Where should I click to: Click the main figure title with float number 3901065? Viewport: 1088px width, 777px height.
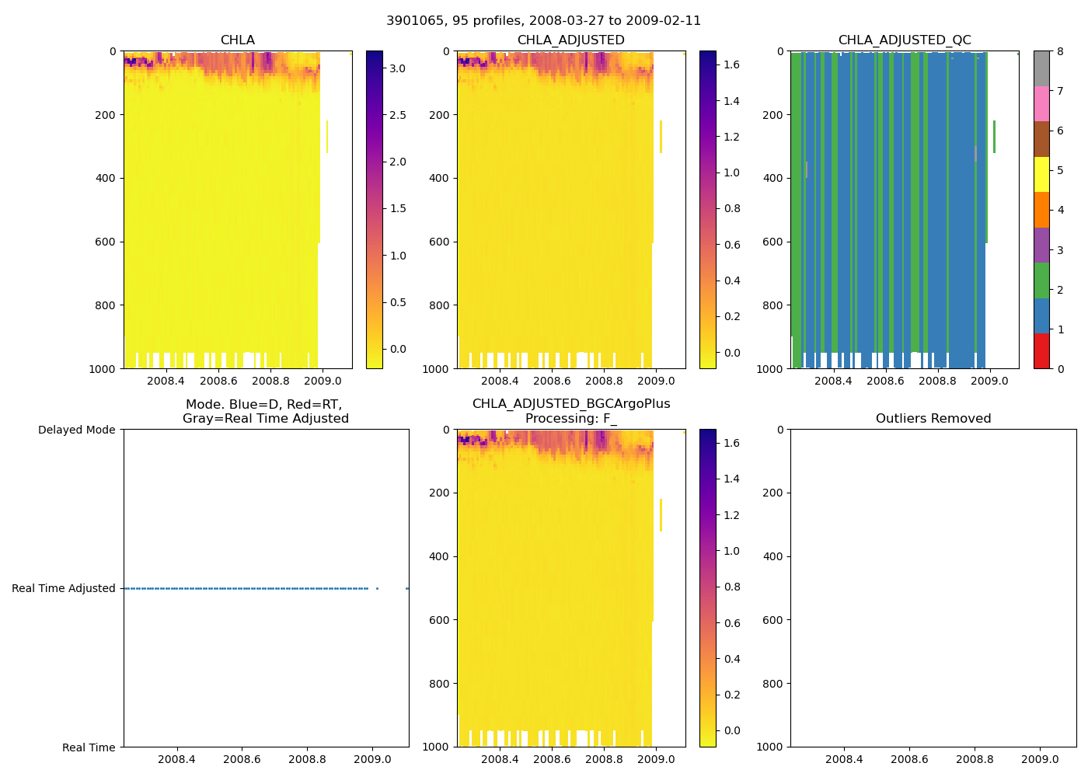pos(543,20)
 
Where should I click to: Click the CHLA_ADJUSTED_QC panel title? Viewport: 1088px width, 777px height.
pos(904,40)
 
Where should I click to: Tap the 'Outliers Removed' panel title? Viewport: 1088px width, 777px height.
pos(933,418)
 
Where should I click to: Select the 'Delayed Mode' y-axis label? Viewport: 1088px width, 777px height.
pos(76,430)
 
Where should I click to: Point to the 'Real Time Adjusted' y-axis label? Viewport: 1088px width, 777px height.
pos(63,588)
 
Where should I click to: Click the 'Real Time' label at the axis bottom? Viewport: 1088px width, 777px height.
pos(89,747)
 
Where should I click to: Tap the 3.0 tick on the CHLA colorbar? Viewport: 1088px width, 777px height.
pos(397,68)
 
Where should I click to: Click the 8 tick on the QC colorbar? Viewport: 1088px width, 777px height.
pos(1060,51)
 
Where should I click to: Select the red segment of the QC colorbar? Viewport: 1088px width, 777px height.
pos(1041,350)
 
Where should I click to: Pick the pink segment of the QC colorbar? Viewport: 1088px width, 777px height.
pos(1041,103)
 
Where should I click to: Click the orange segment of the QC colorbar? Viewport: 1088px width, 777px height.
pos(1041,210)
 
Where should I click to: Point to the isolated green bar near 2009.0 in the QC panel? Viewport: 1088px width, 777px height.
pos(994,137)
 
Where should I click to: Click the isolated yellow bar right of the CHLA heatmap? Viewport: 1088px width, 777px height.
pos(327,137)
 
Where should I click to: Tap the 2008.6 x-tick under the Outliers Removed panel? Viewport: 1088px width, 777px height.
pos(908,759)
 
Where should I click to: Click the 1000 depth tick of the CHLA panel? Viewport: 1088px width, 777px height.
pos(103,368)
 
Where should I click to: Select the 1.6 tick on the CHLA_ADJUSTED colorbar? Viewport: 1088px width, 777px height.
pos(731,64)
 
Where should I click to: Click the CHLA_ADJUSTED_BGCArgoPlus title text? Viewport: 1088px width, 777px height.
pos(570,404)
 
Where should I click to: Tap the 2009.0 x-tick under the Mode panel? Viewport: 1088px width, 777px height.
pos(372,759)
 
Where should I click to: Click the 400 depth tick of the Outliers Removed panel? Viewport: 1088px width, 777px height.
pos(772,556)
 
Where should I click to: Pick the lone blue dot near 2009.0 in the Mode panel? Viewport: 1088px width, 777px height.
pos(377,588)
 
